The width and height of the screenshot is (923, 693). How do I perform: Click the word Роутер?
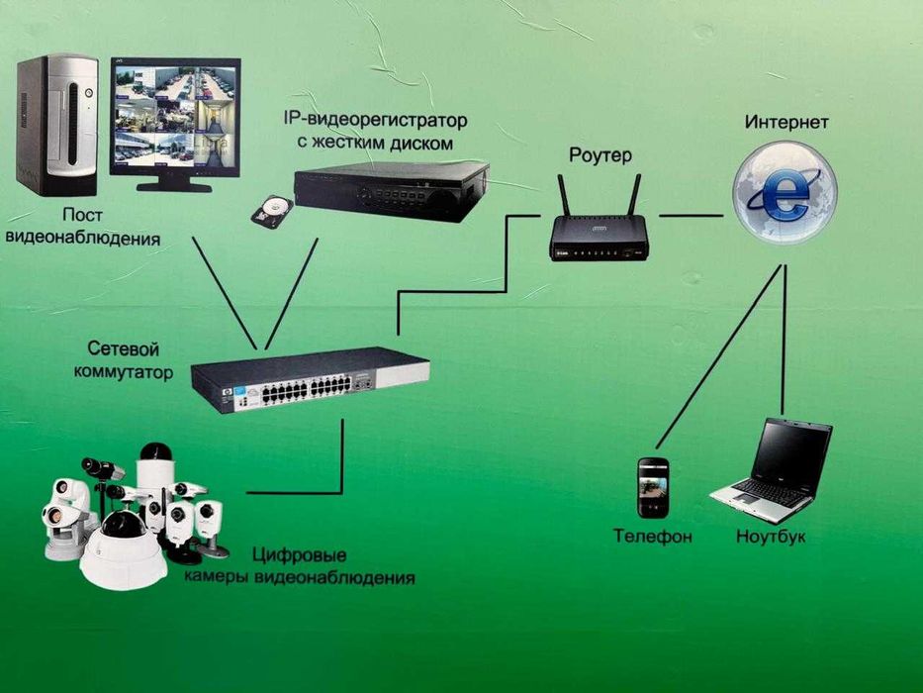(x=600, y=155)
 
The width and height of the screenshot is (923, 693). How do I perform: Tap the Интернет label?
(x=787, y=123)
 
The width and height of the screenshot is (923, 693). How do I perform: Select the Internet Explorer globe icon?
(x=785, y=192)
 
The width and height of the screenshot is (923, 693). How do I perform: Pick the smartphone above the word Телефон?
(x=652, y=487)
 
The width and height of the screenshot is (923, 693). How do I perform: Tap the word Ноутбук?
(x=771, y=537)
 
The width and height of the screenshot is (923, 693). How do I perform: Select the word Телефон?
(x=652, y=537)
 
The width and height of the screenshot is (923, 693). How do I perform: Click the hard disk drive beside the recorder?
(x=272, y=209)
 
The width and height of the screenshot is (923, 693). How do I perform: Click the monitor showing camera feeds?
(x=174, y=114)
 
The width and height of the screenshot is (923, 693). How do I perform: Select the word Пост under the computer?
(x=82, y=214)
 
